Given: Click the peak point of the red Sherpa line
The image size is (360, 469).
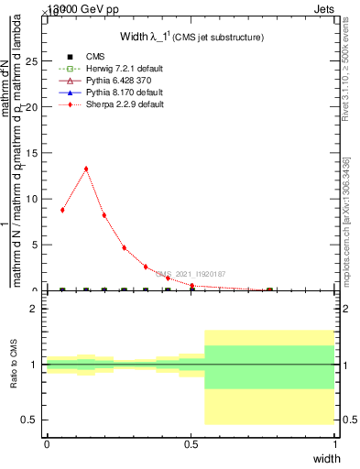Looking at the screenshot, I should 86,169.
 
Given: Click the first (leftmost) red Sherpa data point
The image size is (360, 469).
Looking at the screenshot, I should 62,210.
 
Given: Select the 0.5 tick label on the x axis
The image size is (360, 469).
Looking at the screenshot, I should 191,443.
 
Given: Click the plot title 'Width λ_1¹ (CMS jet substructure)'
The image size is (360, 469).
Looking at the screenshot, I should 191,38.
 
